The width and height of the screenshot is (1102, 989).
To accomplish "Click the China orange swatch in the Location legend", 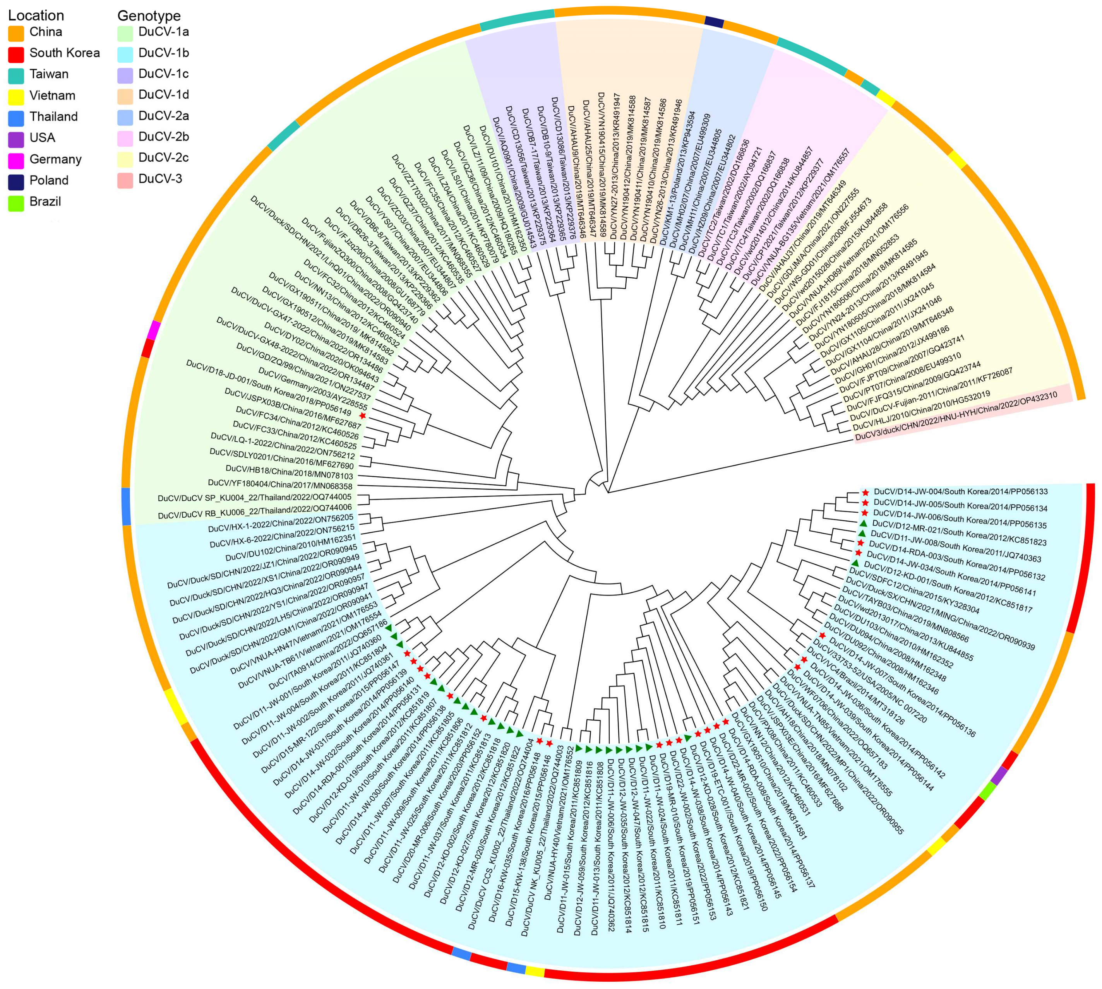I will tap(16, 33).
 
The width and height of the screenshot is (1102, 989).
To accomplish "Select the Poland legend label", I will tap(49, 180).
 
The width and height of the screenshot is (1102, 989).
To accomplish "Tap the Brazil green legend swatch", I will tap(16, 203).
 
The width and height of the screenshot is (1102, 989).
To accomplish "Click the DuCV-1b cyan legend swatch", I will tap(125, 54).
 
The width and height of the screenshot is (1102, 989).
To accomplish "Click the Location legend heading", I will tap(36, 15).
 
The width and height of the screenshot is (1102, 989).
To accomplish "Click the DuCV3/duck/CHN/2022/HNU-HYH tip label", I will tap(956, 416).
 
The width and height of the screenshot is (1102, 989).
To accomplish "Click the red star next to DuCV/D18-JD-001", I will tap(363, 416).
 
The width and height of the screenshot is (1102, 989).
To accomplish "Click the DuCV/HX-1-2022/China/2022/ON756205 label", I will tap(281, 523).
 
